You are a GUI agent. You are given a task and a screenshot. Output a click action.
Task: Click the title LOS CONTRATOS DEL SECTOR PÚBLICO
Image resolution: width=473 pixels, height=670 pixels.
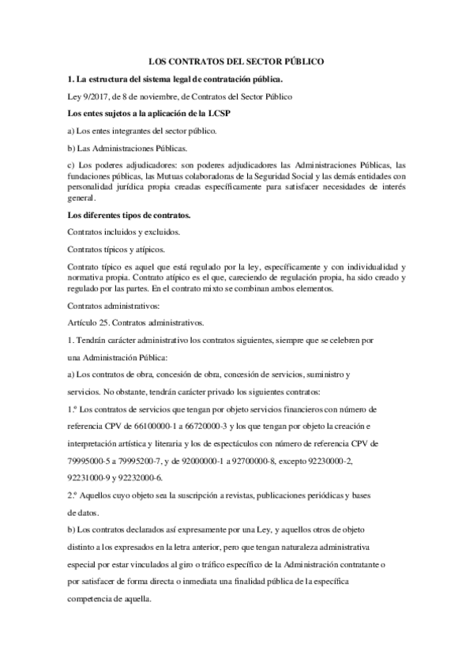tap(237, 61)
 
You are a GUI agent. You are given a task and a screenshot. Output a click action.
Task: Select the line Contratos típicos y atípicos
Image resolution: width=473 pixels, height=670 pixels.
tap(122, 249)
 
